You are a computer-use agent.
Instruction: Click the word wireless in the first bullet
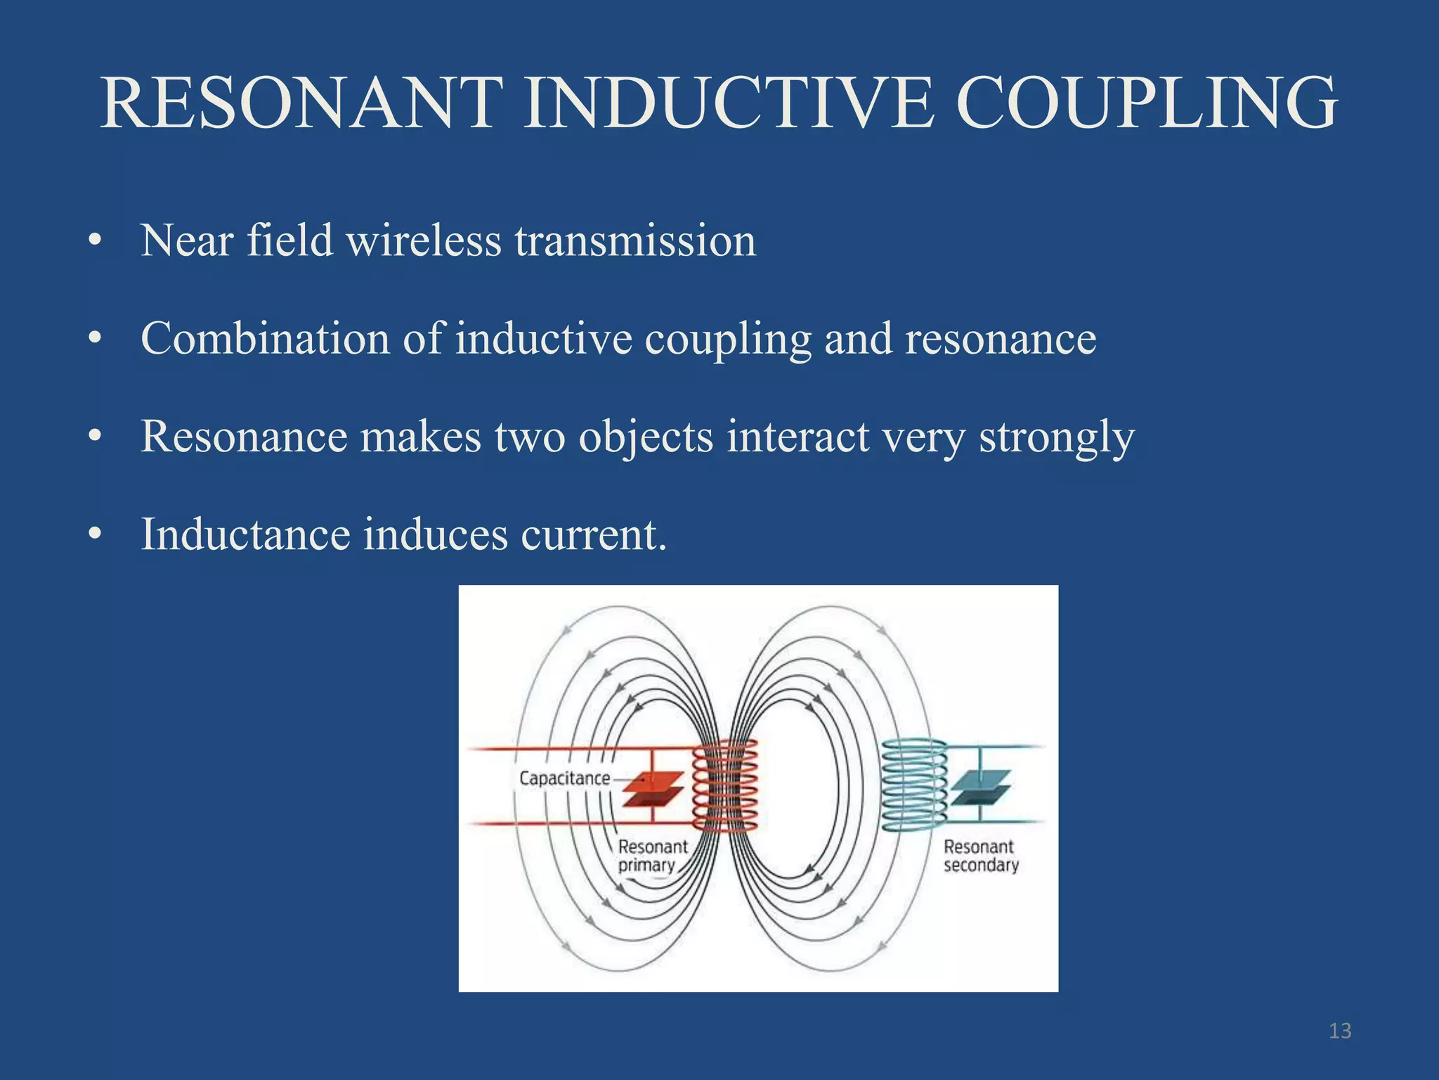424,241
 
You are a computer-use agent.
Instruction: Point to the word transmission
635,241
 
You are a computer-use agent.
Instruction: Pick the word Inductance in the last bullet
245,534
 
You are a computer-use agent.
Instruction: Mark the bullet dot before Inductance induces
95,535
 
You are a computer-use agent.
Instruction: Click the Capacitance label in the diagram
564,778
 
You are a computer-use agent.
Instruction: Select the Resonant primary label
652,856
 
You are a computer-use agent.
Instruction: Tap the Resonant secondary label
980,856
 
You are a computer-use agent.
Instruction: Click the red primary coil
725,786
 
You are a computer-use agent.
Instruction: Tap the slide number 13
1340,1031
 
